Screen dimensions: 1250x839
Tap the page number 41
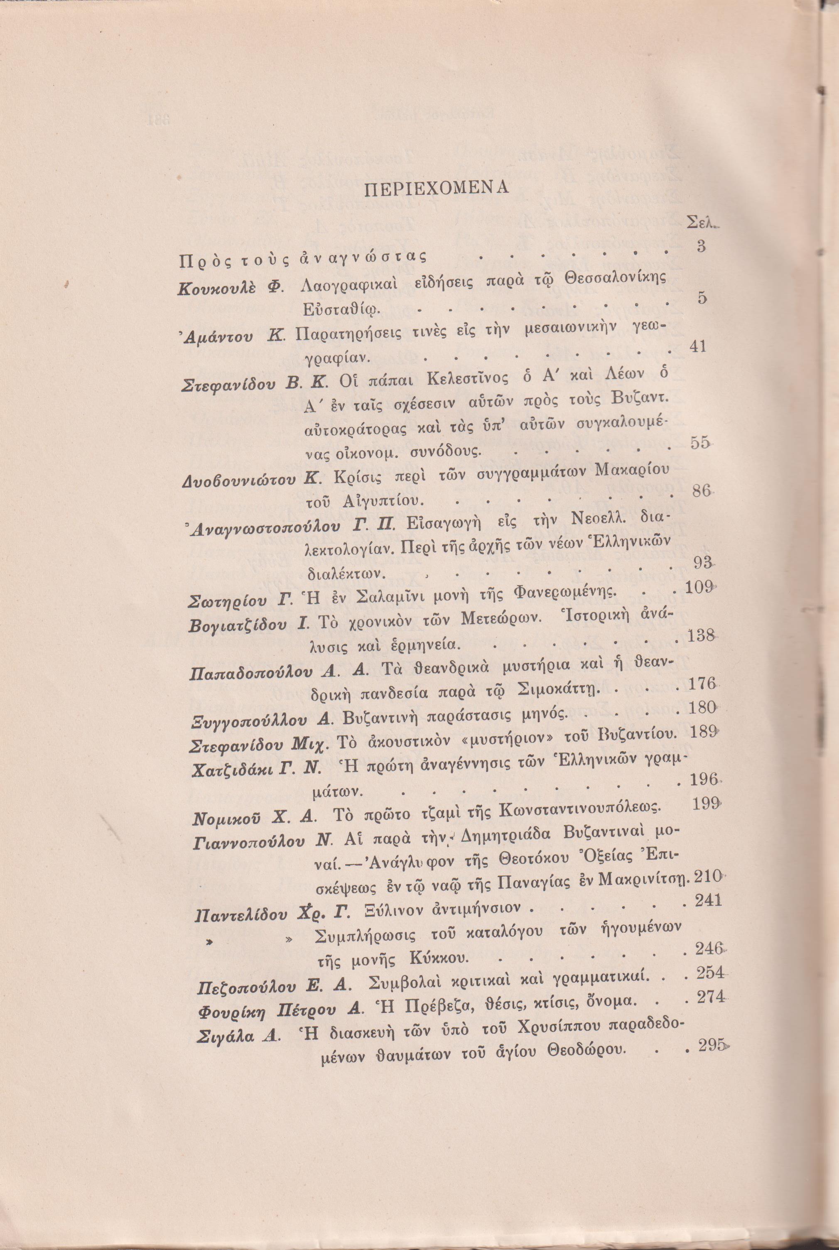point(698,347)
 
